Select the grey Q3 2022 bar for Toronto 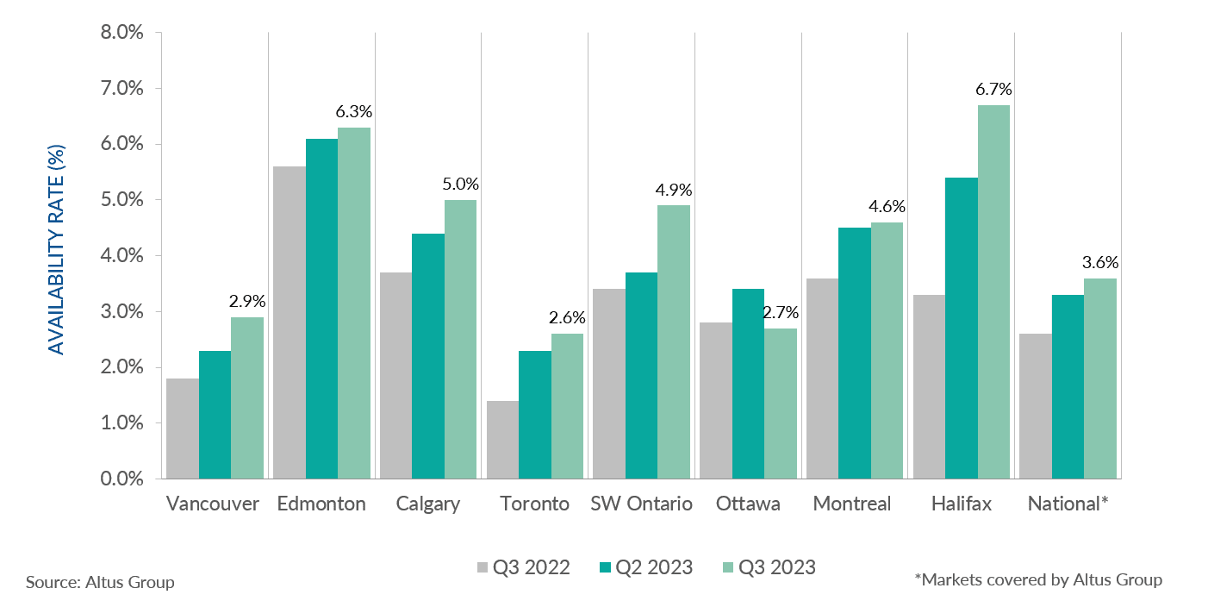(x=503, y=439)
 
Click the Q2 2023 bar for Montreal (x=855, y=353)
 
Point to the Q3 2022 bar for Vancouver (x=183, y=428)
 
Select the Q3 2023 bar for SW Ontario (x=674, y=341)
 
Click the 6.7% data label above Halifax (x=993, y=90)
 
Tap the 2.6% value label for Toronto (x=568, y=318)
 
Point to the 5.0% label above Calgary (x=461, y=184)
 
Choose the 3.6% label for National (x=1100, y=262)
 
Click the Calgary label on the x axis (x=428, y=504)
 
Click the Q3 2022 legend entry (x=523, y=567)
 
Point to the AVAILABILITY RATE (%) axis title (x=57, y=250)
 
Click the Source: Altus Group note (x=100, y=582)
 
